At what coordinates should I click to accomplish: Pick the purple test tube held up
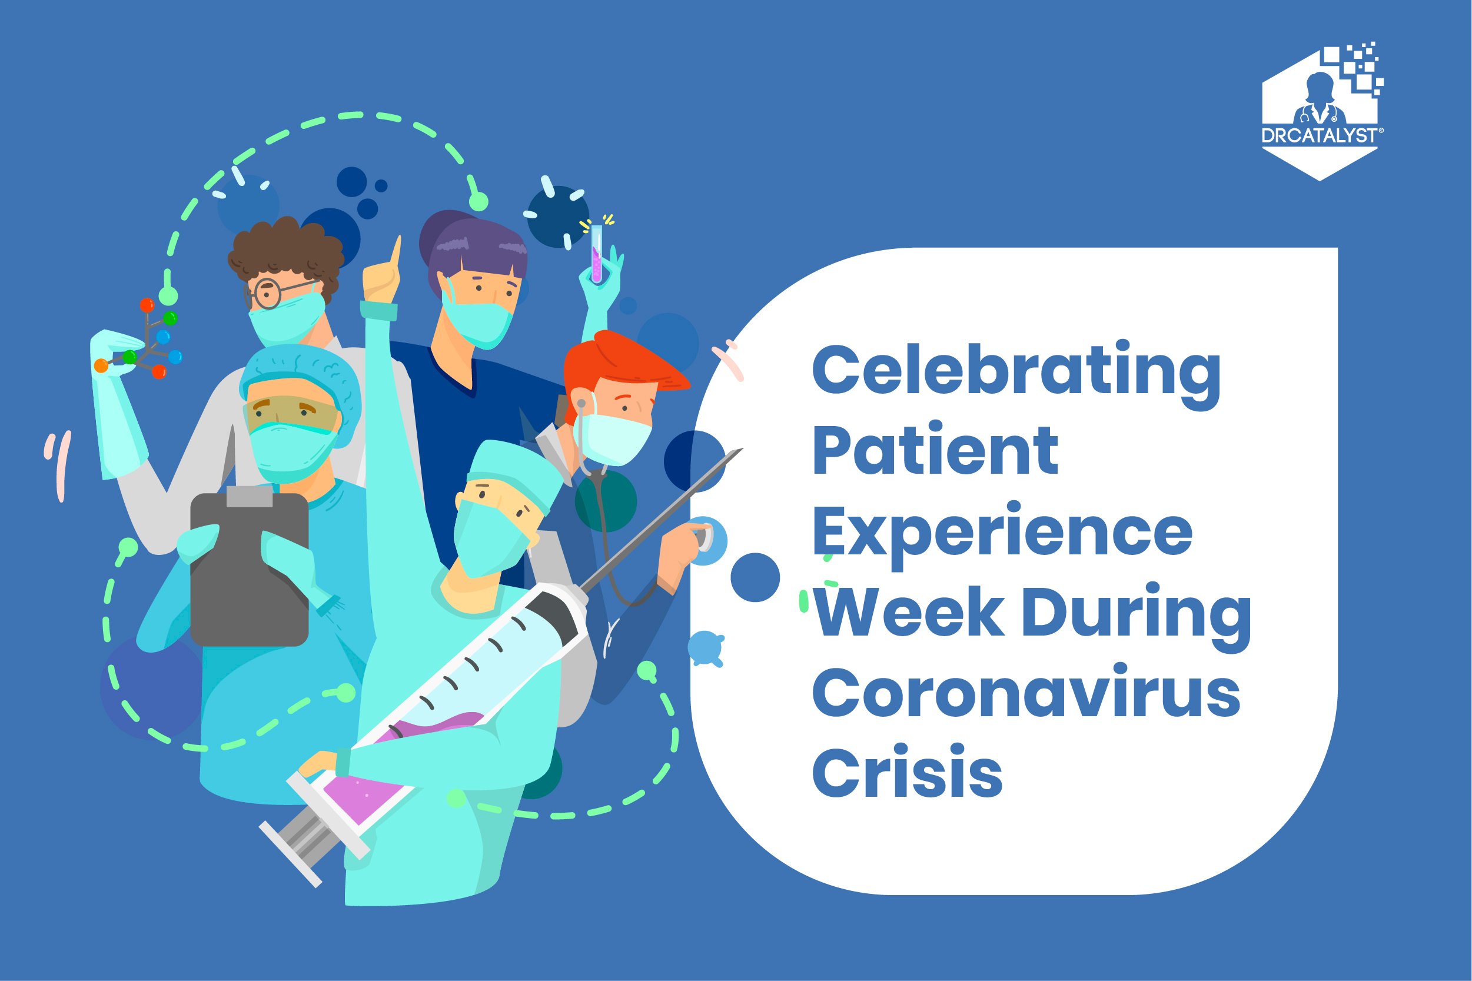pos(597,254)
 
